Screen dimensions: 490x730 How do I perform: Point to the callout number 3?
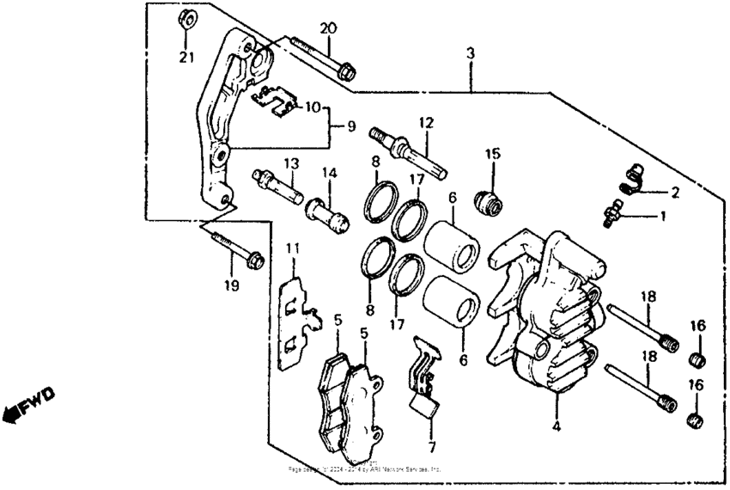470,54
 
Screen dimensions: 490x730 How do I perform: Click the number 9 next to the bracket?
350,126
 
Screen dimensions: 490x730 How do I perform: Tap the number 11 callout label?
292,249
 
